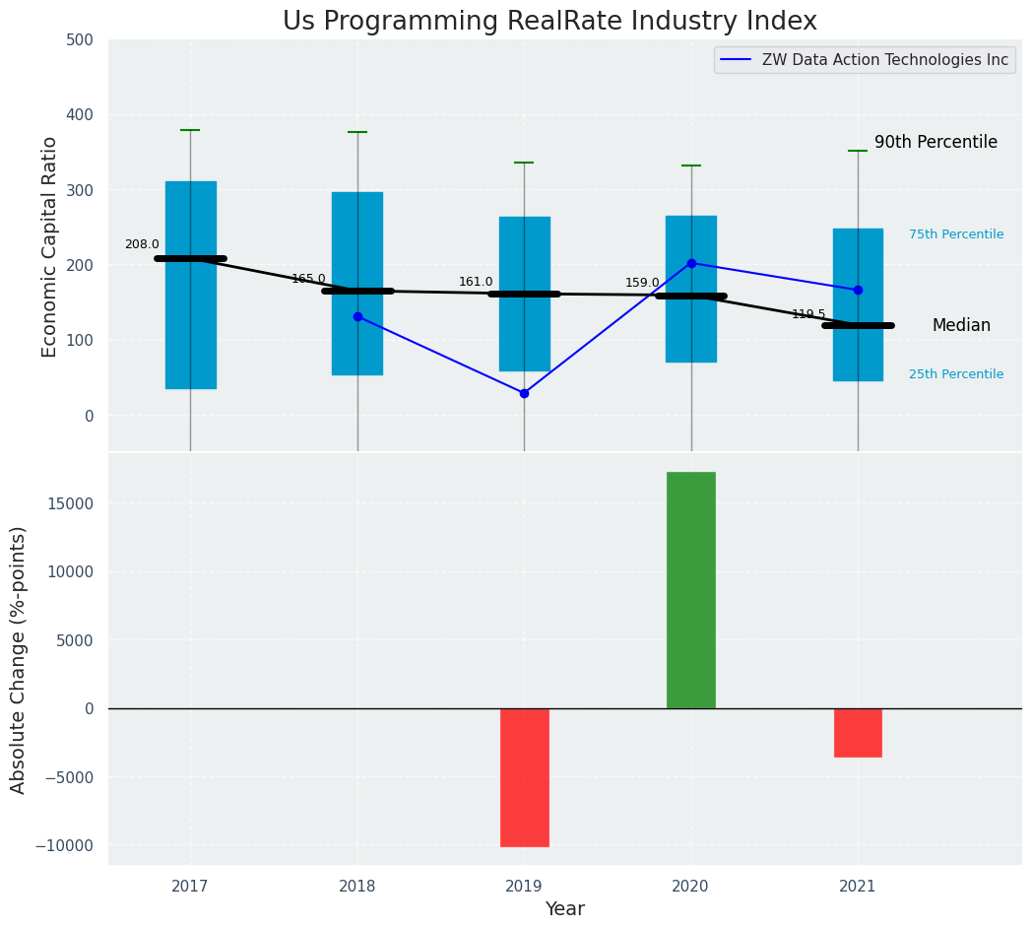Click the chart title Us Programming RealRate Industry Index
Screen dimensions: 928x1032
[x=549, y=22]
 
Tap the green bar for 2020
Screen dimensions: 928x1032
[x=691, y=589]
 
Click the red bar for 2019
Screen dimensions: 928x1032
[x=524, y=777]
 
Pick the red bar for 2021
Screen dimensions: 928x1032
[x=858, y=732]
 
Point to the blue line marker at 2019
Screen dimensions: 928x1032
[x=524, y=393]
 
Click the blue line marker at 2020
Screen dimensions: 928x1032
[x=691, y=263]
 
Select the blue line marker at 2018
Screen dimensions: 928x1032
[x=357, y=316]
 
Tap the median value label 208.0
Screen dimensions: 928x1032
[x=142, y=244]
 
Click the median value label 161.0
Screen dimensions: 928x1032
[x=476, y=282]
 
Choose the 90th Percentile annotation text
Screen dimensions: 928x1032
[x=935, y=142]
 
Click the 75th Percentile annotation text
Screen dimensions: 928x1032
[x=956, y=234]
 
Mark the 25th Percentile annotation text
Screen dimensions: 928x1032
[x=956, y=374]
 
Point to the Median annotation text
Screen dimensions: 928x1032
[x=961, y=325]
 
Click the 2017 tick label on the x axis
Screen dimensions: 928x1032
[x=190, y=887]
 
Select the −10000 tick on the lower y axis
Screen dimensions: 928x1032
[x=64, y=845]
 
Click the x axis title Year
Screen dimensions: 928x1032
[x=565, y=909]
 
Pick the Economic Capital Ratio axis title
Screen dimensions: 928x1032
[x=50, y=246]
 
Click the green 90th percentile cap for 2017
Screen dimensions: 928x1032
[x=190, y=130]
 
